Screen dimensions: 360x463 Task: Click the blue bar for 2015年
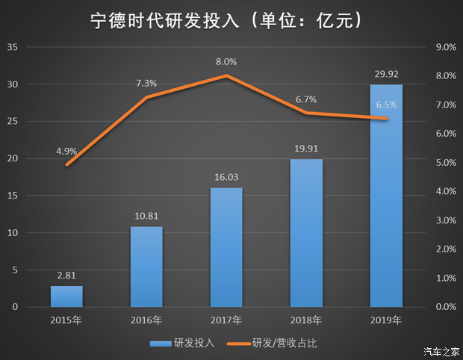(x=66, y=297)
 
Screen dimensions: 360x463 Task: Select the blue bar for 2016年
(x=146, y=267)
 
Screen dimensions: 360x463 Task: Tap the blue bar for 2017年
(x=226, y=247)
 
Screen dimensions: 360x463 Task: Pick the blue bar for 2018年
(x=306, y=233)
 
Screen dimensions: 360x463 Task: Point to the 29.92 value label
(x=386, y=74)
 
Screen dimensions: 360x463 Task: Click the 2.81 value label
(x=66, y=276)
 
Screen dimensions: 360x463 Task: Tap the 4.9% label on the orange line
(x=66, y=150)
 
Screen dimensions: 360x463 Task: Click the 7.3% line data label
(x=146, y=83)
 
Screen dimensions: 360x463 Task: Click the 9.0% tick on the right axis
(x=445, y=47)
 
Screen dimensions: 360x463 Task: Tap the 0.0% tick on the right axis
(x=445, y=307)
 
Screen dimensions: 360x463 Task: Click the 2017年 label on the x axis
(x=226, y=320)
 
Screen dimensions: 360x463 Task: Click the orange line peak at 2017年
(x=226, y=75)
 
